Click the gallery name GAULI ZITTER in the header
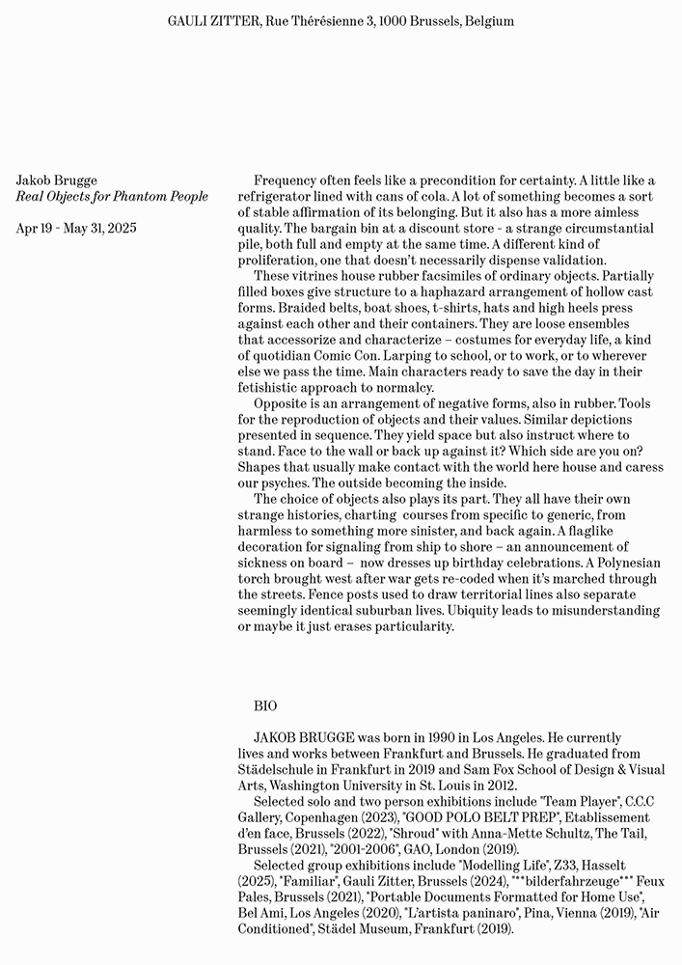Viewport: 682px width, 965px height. point(211,20)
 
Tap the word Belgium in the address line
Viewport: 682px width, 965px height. point(488,20)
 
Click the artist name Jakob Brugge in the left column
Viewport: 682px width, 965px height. point(57,180)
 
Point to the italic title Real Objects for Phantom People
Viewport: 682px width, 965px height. point(112,196)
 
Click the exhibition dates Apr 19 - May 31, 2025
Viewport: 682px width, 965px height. point(76,229)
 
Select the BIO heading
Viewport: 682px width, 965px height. point(265,706)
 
